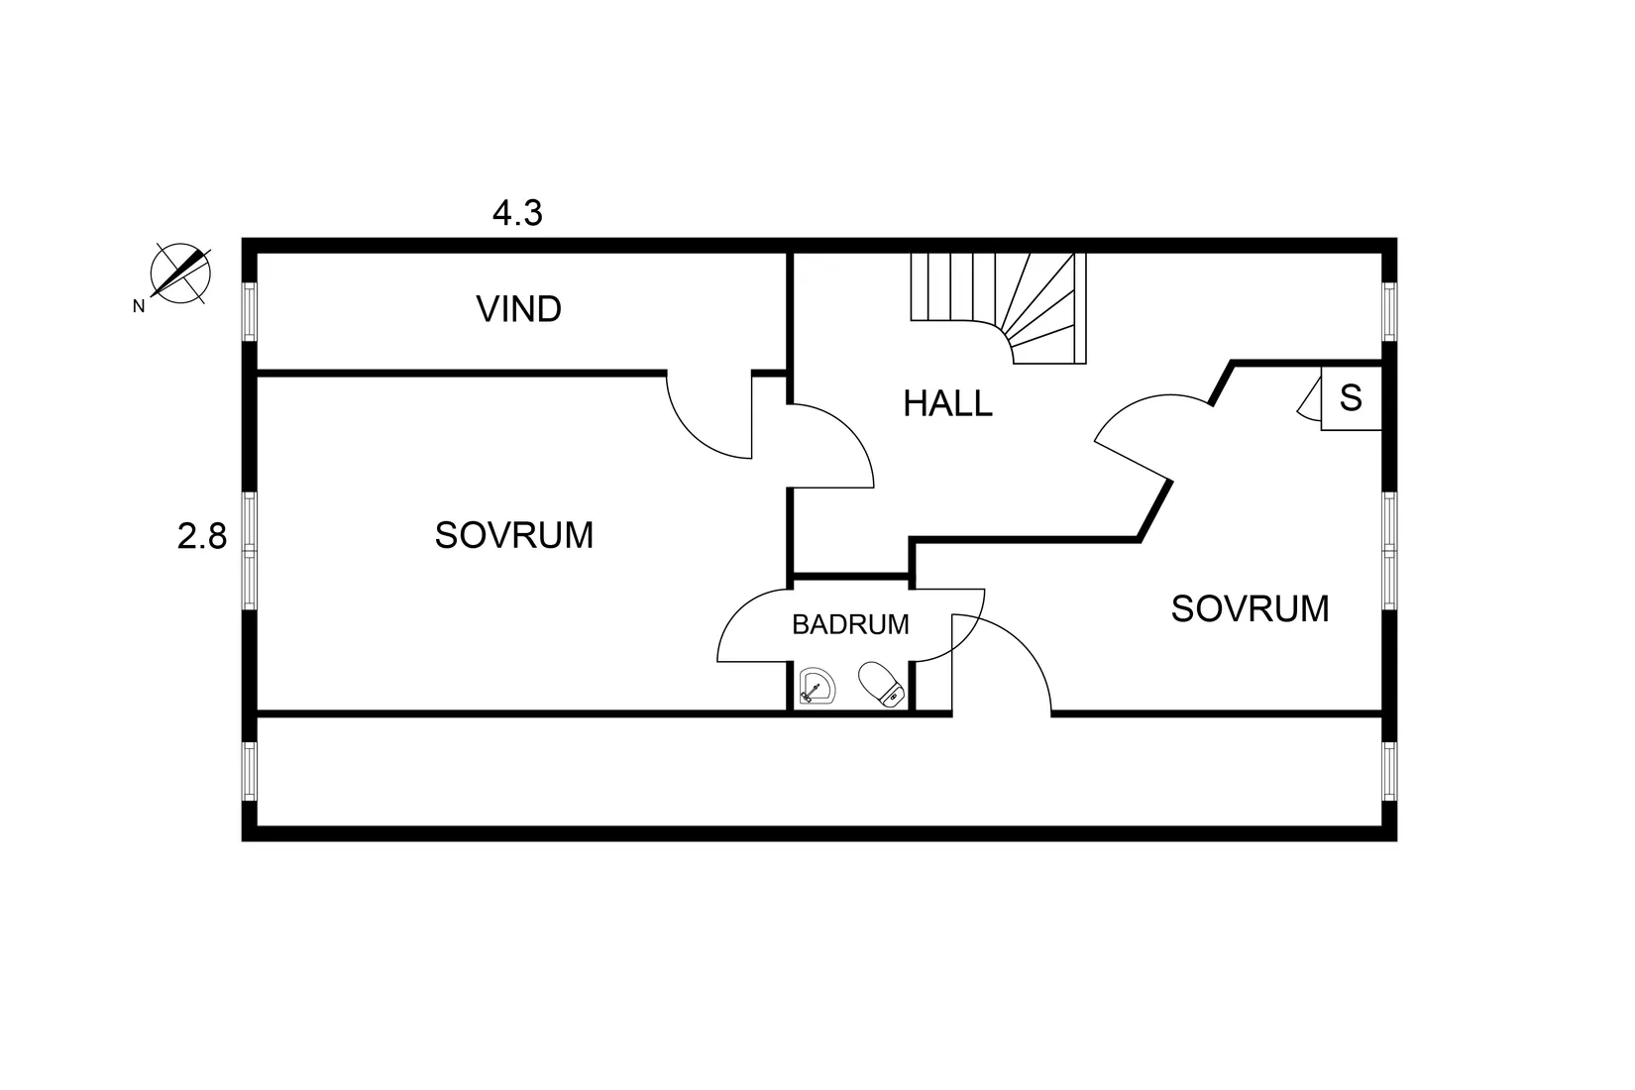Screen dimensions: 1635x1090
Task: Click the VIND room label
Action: (519, 309)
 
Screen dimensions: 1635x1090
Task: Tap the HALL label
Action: (947, 403)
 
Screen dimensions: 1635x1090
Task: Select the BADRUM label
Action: (850, 624)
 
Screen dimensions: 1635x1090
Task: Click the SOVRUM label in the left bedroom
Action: (514, 535)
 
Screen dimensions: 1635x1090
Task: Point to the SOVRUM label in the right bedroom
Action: (1250, 608)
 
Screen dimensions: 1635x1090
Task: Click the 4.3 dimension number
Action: (517, 213)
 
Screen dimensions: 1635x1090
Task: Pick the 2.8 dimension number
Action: (202, 537)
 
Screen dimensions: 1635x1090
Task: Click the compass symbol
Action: (180, 273)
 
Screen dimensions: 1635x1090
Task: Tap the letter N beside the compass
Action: (139, 306)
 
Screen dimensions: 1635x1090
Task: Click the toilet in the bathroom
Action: (881, 684)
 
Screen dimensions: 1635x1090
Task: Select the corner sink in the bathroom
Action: (817, 687)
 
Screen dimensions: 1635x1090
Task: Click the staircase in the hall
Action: (999, 308)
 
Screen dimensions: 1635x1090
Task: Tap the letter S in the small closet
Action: (1351, 398)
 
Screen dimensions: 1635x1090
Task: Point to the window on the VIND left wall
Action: (249, 312)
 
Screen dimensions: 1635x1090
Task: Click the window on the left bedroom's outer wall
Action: (249, 551)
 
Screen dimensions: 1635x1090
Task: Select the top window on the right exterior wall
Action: (1389, 312)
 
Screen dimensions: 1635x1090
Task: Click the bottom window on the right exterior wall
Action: (1389, 772)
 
